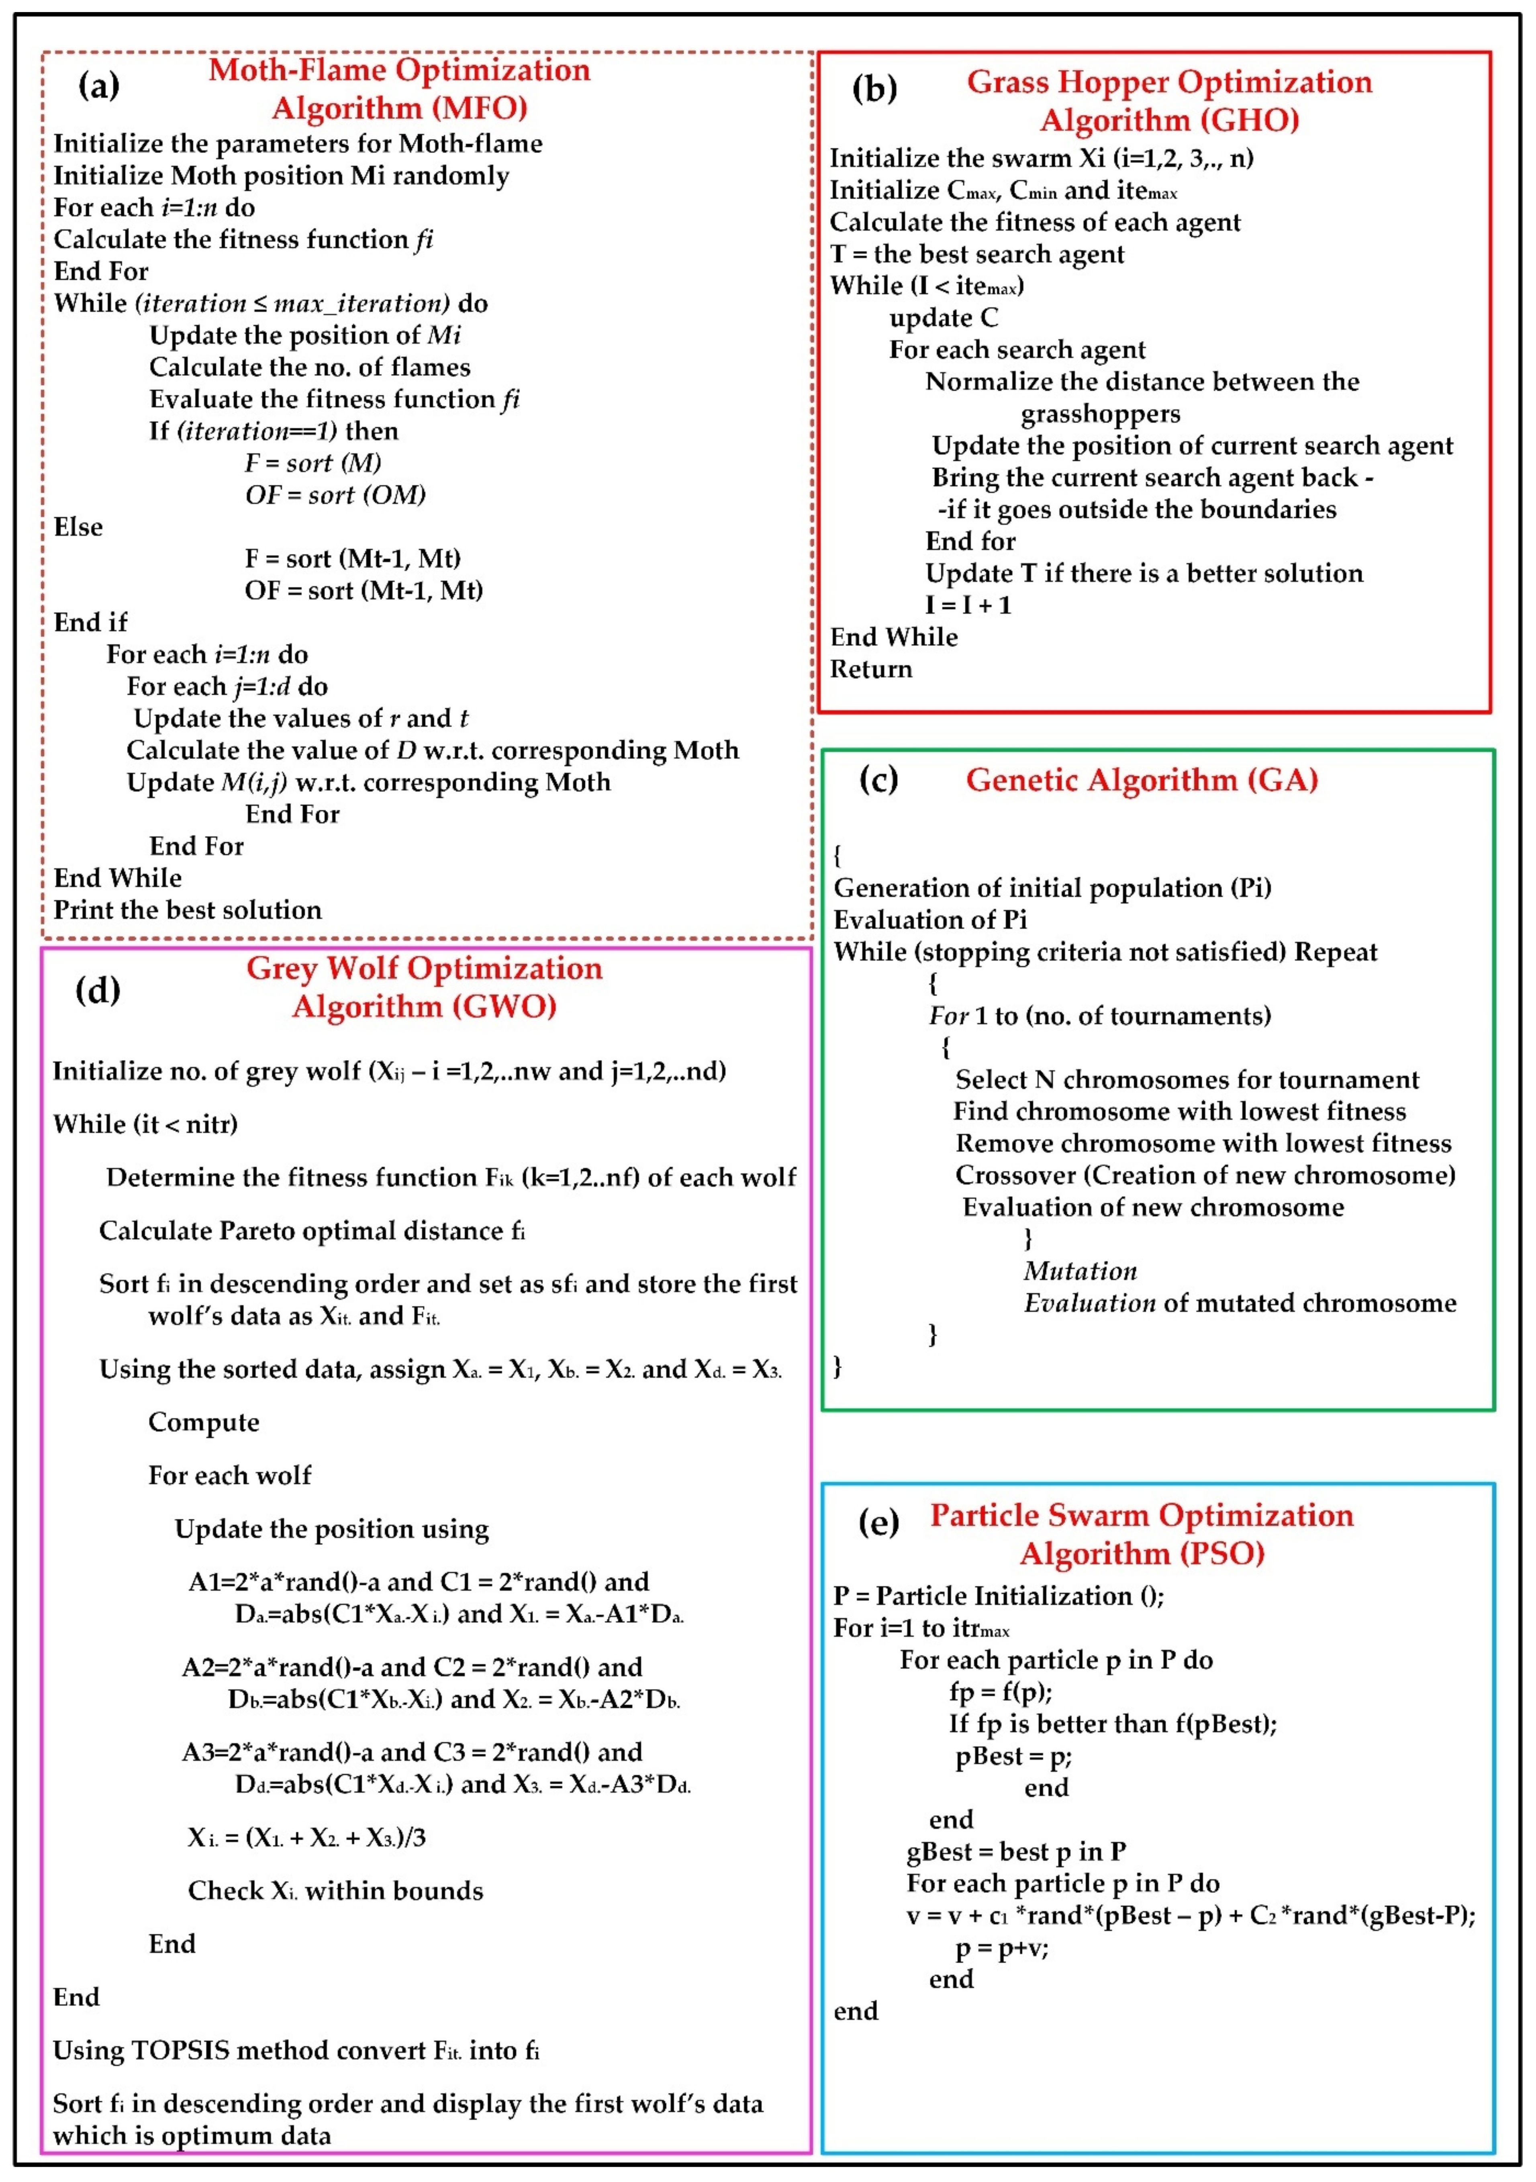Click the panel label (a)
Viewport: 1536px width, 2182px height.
pos(99,86)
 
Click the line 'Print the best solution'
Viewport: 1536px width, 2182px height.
pos(187,910)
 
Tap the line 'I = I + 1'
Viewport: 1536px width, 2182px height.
pos(968,605)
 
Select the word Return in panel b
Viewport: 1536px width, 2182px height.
pos(871,669)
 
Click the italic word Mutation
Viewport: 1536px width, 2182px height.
pos(1080,1272)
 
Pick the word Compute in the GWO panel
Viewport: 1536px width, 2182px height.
pos(203,1423)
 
